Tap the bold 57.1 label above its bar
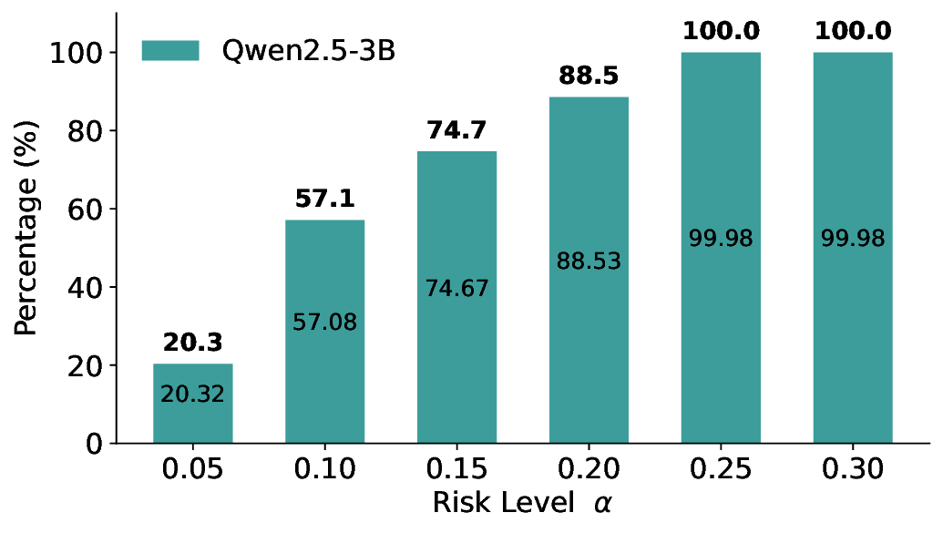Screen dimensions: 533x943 324,199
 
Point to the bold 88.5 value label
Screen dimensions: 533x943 589,76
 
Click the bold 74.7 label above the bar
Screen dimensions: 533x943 456,130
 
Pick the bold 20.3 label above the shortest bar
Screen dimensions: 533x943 192,343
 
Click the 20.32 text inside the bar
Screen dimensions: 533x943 192,395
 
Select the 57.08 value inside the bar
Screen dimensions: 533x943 324,322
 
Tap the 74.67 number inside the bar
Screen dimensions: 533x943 456,288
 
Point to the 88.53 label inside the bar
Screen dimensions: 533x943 589,261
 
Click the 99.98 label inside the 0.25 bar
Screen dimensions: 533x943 721,239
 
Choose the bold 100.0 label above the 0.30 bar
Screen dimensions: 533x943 853,31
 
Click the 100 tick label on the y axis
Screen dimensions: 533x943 78,53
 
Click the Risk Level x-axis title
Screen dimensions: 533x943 517,503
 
